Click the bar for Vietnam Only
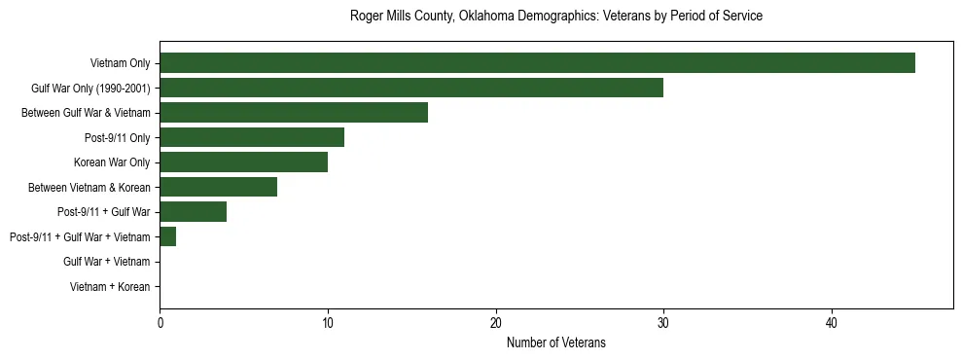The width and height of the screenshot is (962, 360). tap(537, 63)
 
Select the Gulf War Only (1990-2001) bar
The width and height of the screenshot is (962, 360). tap(411, 88)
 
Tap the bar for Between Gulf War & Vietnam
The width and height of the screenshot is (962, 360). tap(294, 113)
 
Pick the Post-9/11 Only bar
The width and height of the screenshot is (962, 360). tap(252, 137)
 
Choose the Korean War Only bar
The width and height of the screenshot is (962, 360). tap(243, 162)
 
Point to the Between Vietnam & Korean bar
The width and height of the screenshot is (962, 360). tap(218, 187)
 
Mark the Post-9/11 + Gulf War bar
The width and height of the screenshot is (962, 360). tap(193, 212)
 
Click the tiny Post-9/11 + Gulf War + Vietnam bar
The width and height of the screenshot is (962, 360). tap(167, 236)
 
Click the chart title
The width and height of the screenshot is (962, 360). tap(555, 17)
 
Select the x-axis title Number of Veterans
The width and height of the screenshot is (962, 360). tap(555, 342)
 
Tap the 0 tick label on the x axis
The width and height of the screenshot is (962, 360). tap(160, 323)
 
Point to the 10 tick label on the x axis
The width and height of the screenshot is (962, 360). tap(328, 323)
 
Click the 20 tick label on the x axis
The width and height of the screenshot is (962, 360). tap(496, 323)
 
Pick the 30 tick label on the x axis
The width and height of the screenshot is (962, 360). tap(663, 323)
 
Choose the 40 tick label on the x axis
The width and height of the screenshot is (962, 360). tap(832, 323)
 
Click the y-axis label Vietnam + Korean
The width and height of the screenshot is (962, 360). tap(110, 287)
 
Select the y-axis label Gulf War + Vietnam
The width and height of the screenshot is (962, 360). tap(106, 262)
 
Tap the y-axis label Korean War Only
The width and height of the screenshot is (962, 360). tap(112, 162)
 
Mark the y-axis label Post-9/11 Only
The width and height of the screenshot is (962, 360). tap(115, 137)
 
